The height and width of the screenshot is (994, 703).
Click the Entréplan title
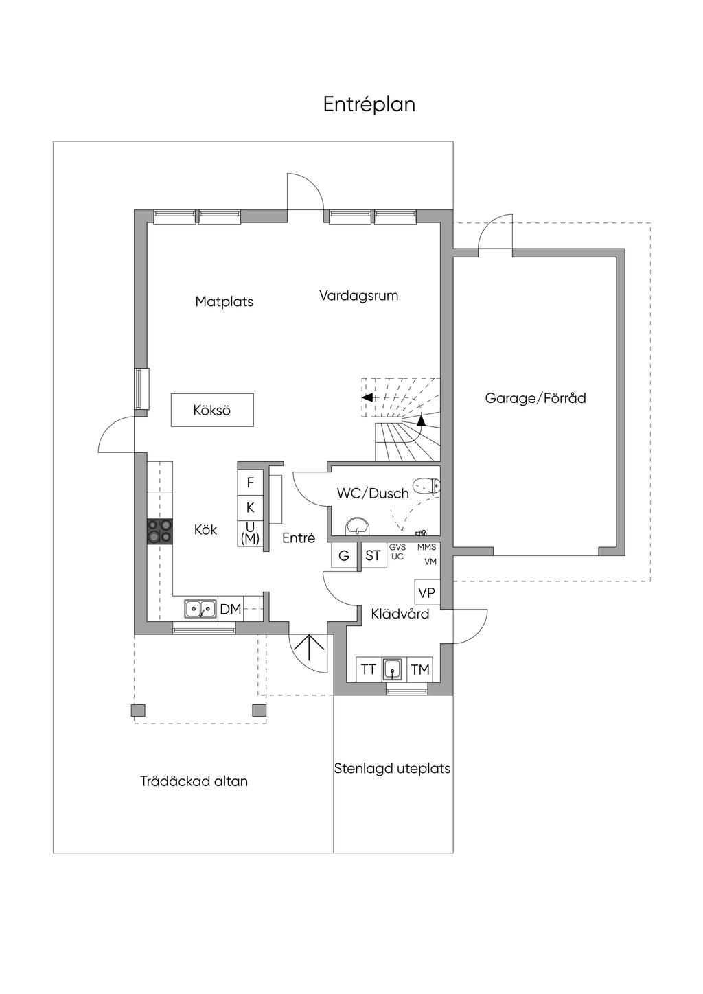369,104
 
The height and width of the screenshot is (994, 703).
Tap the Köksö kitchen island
212,410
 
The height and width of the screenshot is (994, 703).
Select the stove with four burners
159,531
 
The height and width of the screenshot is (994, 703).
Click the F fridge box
251,483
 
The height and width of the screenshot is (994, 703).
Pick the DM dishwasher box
231,609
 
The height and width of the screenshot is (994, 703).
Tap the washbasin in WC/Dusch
356,526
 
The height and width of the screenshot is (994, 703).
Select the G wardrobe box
344,555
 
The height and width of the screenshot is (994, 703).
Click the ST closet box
373,555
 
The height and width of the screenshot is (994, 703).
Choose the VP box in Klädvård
426,592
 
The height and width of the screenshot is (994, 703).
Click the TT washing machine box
369,669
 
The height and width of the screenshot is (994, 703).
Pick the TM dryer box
420,669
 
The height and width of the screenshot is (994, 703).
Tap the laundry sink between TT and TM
393,669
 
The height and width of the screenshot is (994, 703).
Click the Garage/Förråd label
535,398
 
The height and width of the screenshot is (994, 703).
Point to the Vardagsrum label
358,296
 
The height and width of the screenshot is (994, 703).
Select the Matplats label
224,301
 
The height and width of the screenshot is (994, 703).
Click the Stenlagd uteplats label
392,768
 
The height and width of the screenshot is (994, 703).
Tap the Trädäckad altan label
194,781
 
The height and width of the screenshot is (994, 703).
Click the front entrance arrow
309,649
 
